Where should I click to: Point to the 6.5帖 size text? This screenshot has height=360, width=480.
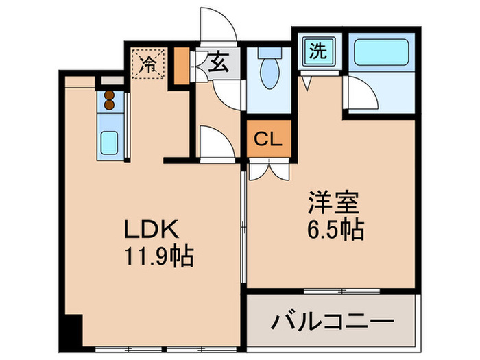coord(334,228)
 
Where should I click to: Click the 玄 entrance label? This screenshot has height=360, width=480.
coord(218,64)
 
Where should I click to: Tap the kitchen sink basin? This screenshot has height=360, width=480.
coord(110,143)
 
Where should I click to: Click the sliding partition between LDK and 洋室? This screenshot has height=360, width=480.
coord(243,226)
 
